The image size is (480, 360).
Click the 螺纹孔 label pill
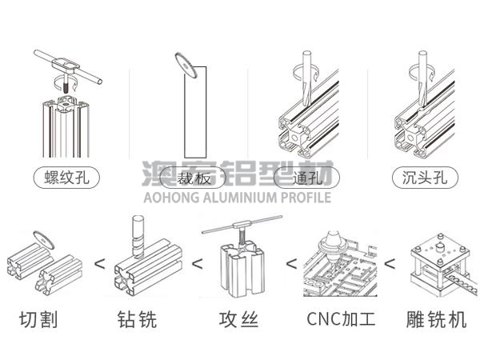pos(66,178)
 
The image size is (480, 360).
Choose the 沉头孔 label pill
pos(422,178)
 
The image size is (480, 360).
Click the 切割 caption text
pos(39,320)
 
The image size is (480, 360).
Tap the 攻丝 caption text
pos(238,320)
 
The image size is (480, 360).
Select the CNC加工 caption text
pos(340,320)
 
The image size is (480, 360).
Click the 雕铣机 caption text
pos(434,320)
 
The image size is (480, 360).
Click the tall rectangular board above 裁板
pos(195,112)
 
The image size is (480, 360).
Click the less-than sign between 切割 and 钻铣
pos(99,262)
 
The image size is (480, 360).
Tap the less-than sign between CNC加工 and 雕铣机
pos(390,262)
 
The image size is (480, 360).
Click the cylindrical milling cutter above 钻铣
pos(136,236)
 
